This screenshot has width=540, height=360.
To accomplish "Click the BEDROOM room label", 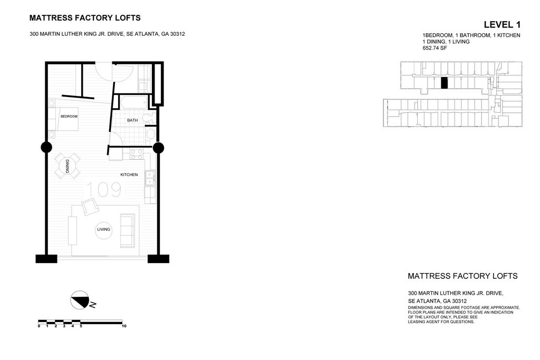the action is [69, 116].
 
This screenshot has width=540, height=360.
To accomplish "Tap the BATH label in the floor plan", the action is [132, 120].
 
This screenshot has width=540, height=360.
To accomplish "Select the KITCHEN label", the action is [129, 175].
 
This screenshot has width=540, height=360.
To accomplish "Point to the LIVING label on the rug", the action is [103, 229].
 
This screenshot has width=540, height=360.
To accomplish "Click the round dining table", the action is [67, 166].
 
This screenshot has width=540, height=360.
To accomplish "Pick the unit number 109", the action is [103, 190].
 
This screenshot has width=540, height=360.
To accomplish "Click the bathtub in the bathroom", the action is [132, 102].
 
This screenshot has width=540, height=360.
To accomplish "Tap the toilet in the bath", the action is [150, 118].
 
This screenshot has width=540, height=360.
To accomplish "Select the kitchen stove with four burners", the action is [137, 154].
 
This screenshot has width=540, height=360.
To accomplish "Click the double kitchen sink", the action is [150, 178].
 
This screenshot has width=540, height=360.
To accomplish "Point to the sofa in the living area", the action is [127, 230].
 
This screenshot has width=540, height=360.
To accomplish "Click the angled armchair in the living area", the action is [90, 207].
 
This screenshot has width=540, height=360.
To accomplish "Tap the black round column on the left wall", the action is [46, 147].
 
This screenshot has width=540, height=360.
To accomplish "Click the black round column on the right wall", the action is [158, 148].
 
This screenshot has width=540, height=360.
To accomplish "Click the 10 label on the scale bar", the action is [124, 326].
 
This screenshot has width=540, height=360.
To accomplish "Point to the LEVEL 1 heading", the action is [502, 24].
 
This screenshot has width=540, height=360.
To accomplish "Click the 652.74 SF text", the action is [435, 48].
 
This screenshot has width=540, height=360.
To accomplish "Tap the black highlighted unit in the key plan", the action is [444, 83].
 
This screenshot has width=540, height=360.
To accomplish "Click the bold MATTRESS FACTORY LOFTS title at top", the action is [85, 18].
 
